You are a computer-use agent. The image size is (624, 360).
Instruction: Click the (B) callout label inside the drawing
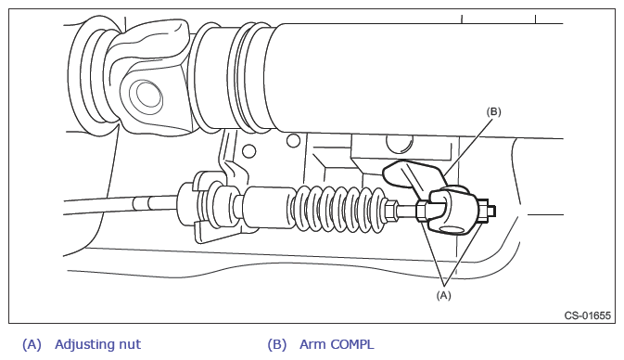point(493,112)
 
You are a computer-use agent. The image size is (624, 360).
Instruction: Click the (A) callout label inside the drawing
point(444,295)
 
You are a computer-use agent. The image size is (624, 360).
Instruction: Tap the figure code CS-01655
point(588,315)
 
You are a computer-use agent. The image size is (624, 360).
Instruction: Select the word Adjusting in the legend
point(83,345)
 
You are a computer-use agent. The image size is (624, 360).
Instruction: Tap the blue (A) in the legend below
point(32,344)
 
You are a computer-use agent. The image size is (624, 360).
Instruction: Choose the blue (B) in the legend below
point(277,344)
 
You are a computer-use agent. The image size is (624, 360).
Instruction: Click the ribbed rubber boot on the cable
point(340,208)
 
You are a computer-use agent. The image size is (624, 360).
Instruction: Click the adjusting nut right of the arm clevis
point(483,211)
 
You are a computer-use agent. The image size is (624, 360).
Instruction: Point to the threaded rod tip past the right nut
point(491,211)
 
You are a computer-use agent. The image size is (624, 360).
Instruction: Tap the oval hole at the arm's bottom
point(452,229)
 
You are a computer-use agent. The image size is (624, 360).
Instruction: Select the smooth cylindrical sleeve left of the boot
point(269,208)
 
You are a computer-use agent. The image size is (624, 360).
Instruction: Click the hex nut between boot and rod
point(391,211)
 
